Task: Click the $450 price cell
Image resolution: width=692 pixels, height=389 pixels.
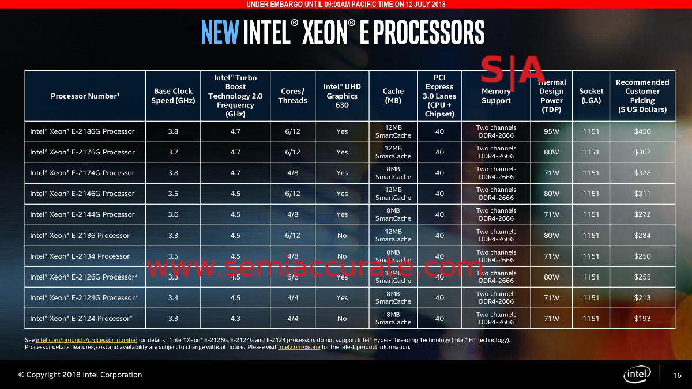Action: click(642, 131)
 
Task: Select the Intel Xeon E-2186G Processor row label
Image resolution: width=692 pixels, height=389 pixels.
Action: click(82, 131)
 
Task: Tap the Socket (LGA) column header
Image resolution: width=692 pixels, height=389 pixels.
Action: click(591, 96)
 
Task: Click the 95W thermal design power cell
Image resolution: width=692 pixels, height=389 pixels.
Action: click(551, 131)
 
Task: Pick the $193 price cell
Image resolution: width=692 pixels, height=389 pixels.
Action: click(642, 318)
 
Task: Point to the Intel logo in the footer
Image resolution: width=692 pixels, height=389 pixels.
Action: click(637, 375)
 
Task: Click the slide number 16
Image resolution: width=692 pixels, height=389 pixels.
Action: click(678, 376)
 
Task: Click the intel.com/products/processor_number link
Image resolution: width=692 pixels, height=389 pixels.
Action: click(86, 340)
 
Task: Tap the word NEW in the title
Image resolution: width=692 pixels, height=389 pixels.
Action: click(220, 32)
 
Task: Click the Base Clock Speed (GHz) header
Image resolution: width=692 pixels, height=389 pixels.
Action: click(174, 96)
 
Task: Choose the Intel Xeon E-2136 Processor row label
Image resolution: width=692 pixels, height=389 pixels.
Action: click(80, 235)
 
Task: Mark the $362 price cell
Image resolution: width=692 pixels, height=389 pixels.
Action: click(642, 152)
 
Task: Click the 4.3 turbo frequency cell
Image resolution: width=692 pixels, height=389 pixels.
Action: click(235, 318)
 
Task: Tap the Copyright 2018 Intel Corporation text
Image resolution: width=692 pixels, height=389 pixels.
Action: click(80, 375)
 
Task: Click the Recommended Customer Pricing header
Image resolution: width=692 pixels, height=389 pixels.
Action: click(642, 96)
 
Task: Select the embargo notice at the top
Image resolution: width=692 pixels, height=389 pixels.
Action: click(346, 5)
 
